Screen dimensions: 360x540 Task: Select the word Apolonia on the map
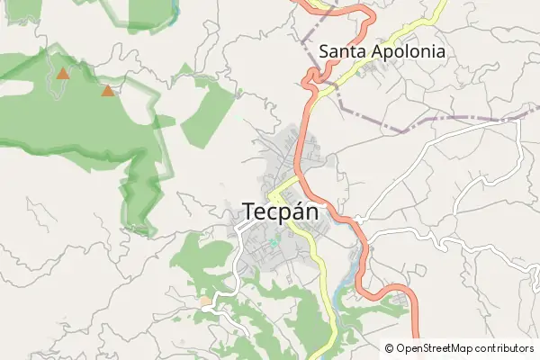pyautogui.click(x=410, y=52)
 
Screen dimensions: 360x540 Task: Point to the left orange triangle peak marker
pyautogui.click(x=62, y=74)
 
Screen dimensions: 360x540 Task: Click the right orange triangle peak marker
pyautogui.click(x=108, y=90)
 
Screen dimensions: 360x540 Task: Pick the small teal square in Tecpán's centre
pyautogui.click(x=274, y=243)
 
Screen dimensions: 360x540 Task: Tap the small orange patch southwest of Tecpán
pyautogui.click(x=205, y=300)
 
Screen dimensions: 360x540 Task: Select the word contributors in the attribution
pyautogui.click(x=506, y=348)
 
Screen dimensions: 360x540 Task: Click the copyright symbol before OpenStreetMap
pyautogui.click(x=389, y=348)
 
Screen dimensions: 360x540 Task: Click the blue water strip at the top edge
pyautogui.click(x=175, y=9)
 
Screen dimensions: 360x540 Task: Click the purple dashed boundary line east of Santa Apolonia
pyautogui.click(x=468, y=118)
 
